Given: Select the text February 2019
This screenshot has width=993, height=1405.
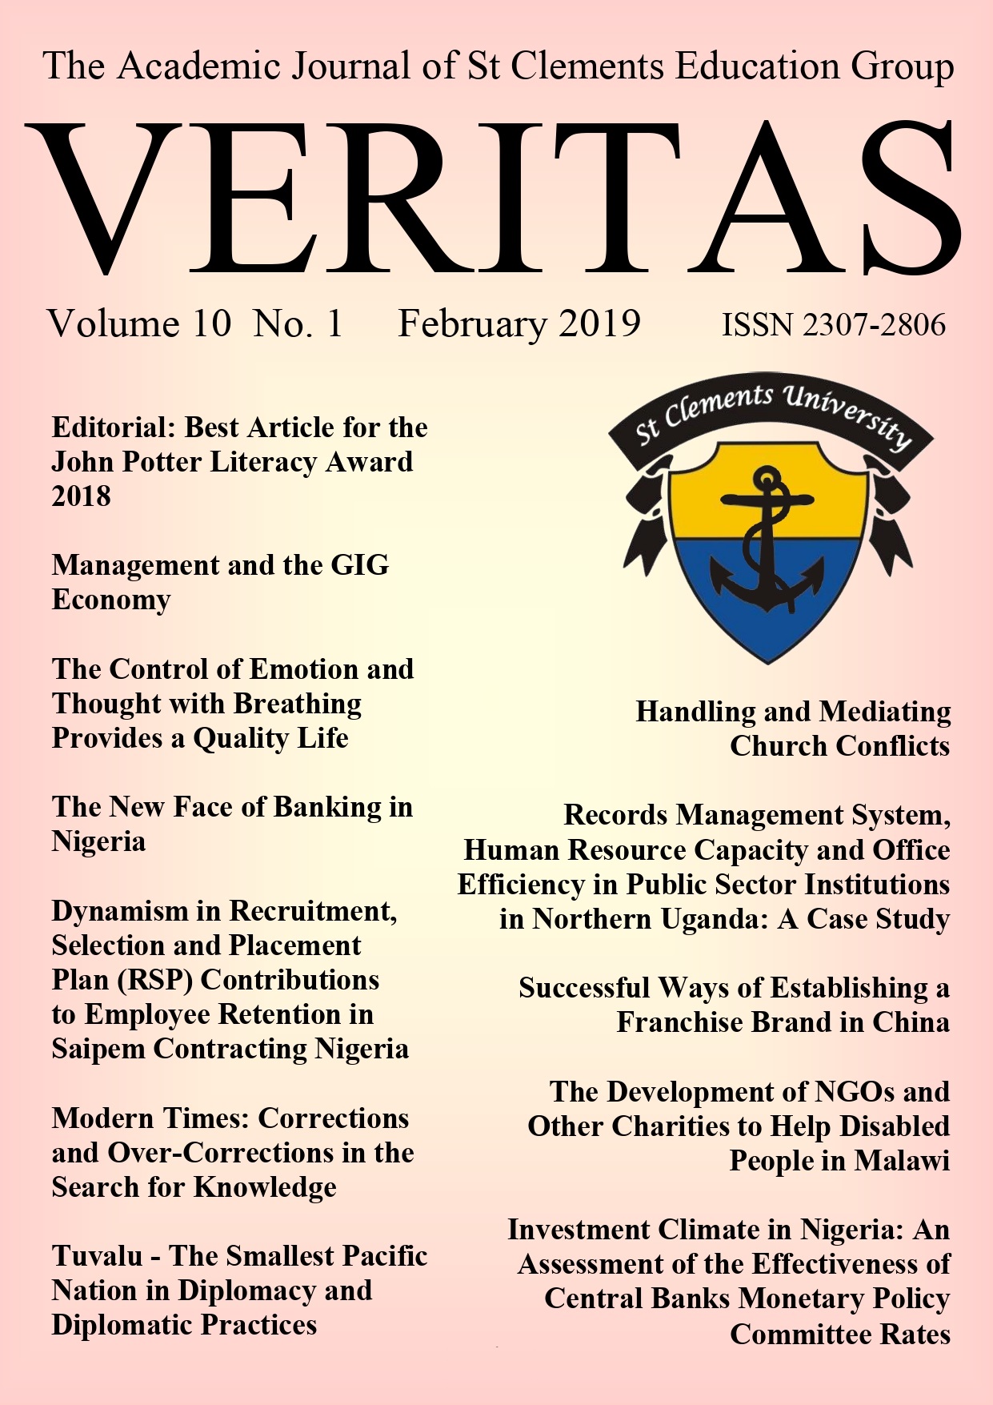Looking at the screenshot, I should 519,323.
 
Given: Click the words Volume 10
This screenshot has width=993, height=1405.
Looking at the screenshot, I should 139,323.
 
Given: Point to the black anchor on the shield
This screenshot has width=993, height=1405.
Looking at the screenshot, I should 767,544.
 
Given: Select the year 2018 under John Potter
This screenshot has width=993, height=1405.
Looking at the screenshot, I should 82,496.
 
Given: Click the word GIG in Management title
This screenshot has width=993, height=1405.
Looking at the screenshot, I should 360,565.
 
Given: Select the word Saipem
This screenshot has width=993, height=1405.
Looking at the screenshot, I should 98,1049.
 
